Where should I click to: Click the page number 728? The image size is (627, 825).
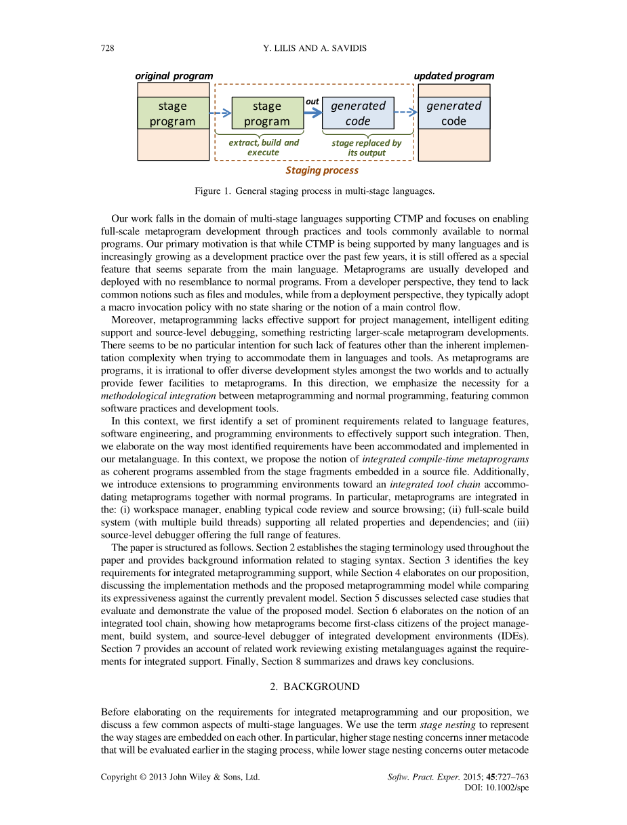(107, 48)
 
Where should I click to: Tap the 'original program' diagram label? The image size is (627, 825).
(174, 76)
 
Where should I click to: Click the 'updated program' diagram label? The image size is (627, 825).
(453, 76)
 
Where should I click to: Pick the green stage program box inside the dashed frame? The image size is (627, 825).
(267, 113)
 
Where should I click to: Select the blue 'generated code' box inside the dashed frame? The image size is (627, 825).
(358, 113)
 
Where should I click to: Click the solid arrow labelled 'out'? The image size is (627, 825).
(312, 113)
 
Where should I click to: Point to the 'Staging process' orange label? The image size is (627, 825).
(321, 170)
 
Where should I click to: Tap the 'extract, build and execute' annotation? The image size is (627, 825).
(263, 147)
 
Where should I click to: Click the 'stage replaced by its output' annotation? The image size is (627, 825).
(366, 147)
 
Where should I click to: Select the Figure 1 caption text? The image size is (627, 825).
(314, 191)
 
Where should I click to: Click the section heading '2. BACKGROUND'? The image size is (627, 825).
(315, 687)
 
